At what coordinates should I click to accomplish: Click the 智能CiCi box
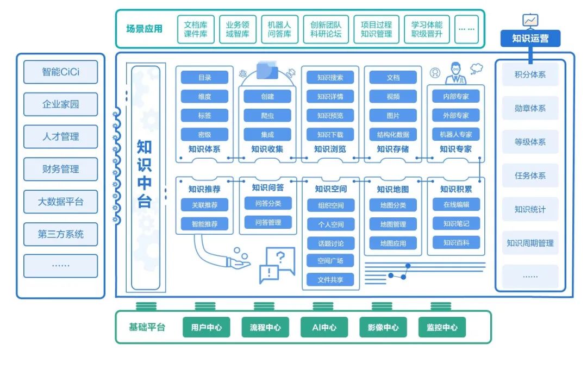[60, 72]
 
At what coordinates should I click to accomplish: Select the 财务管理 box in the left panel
[60, 170]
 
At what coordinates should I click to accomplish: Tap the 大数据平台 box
[60, 202]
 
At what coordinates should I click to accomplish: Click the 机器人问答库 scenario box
[279, 29]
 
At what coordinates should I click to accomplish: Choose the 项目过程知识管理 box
[376, 29]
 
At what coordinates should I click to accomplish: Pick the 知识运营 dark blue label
[530, 39]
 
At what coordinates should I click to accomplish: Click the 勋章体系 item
[530, 109]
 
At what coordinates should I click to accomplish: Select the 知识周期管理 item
[530, 243]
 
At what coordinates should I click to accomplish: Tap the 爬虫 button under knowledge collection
[267, 116]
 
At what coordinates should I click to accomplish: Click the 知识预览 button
[330, 116]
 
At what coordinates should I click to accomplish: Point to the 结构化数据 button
[393, 135]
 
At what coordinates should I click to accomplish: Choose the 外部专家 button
[456, 116]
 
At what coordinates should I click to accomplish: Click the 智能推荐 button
[204, 224]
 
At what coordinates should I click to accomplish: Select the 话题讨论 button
[330, 243]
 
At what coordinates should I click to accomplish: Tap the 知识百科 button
[456, 242]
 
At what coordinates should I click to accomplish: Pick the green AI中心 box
[324, 328]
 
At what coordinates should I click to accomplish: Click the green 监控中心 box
[442, 328]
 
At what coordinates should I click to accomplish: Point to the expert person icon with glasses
[456, 74]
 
